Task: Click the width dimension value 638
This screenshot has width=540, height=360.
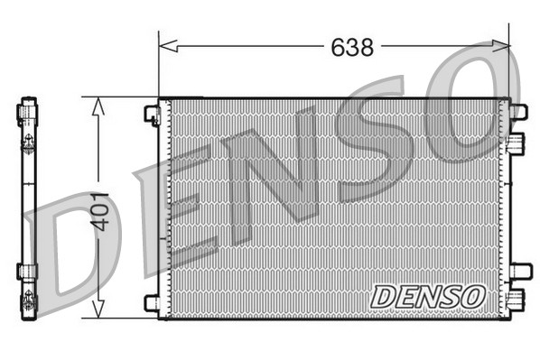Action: coord(351,48)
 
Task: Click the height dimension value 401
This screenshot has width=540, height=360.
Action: coord(100,210)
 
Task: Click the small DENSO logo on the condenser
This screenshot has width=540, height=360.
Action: coord(427,295)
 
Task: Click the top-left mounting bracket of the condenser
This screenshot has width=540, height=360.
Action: coord(152,114)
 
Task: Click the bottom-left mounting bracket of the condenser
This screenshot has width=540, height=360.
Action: coord(152,302)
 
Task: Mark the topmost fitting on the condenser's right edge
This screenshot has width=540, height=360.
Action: coord(517,112)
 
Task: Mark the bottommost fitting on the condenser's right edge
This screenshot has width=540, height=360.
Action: coord(516,300)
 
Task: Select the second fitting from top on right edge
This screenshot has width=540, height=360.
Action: coord(516,143)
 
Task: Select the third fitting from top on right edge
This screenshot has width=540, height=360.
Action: coord(519,271)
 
